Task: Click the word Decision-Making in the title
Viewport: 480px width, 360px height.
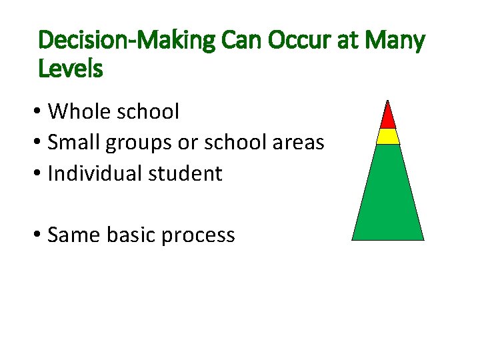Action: click(x=127, y=41)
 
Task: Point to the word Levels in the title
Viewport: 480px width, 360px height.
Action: click(x=71, y=68)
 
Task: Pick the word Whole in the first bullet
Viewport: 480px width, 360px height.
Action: click(x=78, y=111)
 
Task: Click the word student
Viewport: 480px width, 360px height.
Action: click(x=190, y=173)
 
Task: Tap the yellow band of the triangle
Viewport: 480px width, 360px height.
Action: click(x=388, y=136)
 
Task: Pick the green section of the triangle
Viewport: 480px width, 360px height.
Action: click(x=388, y=197)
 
